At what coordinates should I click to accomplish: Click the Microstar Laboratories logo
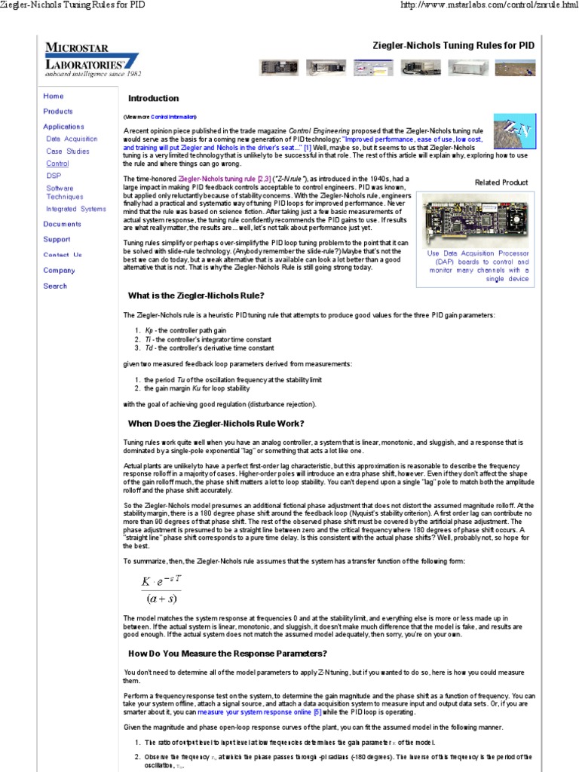tap(91, 57)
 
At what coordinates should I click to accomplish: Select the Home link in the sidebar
tap(54, 96)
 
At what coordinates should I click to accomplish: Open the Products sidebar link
tap(58, 112)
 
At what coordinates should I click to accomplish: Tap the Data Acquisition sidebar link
tap(72, 139)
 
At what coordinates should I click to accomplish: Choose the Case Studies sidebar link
tap(67, 151)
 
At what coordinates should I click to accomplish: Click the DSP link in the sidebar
tap(54, 175)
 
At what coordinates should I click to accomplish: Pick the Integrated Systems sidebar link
tap(76, 209)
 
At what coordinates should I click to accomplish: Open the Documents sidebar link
tap(62, 224)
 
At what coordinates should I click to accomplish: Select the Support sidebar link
tap(57, 240)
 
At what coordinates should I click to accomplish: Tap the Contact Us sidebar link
tap(63, 255)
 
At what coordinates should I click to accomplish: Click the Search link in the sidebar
tap(55, 286)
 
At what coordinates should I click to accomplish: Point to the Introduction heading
tap(153, 99)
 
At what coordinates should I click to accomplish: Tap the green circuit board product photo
tap(475, 218)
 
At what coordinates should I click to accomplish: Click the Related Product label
tap(501, 182)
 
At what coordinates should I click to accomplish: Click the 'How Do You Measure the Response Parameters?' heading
tap(228, 654)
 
